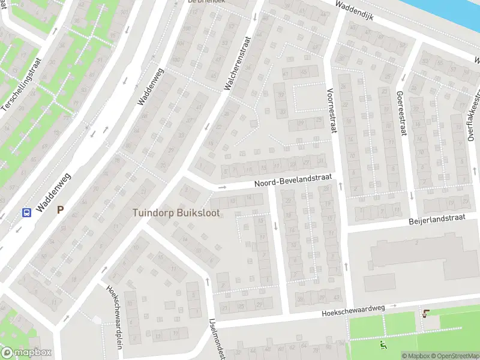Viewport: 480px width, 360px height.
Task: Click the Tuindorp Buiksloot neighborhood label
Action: pos(176,213)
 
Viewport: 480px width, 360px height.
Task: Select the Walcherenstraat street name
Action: pos(236,63)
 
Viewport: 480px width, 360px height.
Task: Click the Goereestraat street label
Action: pos(400,113)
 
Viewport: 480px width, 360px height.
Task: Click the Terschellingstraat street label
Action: pos(22,83)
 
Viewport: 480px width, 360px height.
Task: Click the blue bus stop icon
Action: pos(26,212)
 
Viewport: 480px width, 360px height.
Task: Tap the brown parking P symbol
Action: pos(59,210)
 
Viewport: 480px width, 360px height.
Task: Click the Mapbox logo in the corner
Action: pos(26,353)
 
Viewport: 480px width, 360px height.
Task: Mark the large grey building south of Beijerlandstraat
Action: pos(420,255)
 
